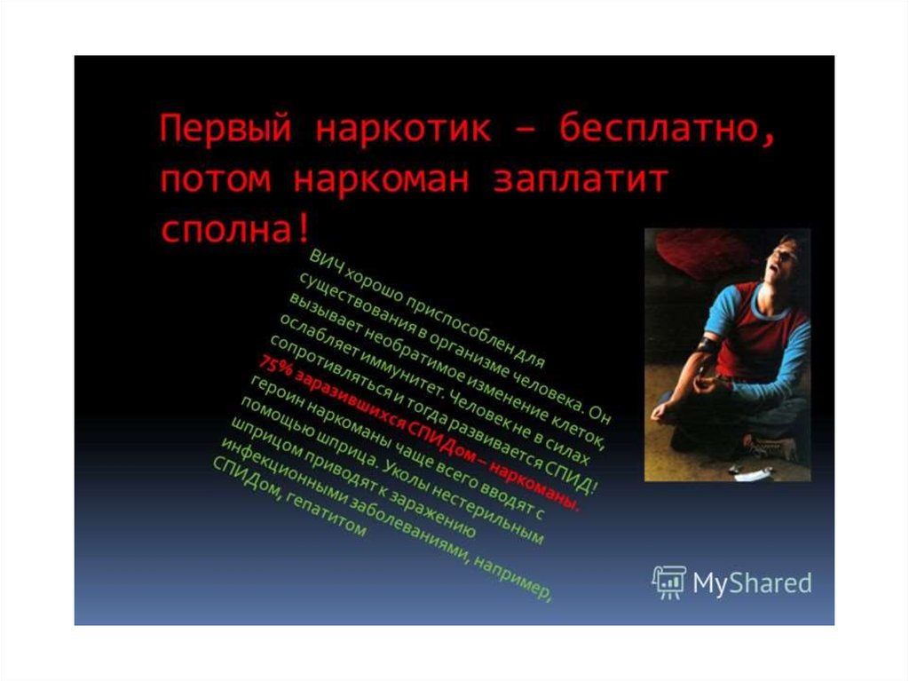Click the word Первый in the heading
(225, 129)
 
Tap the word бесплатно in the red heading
(668, 129)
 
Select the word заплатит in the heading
(581, 180)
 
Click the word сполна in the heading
(226, 230)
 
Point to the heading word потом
(215, 180)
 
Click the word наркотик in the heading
(404, 129)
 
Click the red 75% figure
(275, 369)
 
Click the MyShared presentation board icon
(669, 582)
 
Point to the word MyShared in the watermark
(753, 583)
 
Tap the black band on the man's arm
(707, 345)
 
